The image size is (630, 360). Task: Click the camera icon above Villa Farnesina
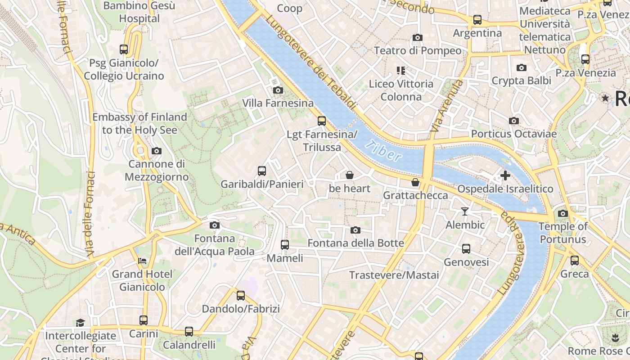coord(278,90)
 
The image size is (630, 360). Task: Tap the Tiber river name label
coord(383,151)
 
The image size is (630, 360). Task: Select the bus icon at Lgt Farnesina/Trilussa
coord(321,121)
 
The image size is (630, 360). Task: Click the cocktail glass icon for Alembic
coord(465,211)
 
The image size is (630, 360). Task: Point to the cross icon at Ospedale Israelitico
coord(505,175)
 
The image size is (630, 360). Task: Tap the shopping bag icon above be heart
coord(349,175)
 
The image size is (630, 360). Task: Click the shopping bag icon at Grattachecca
coord(415,182)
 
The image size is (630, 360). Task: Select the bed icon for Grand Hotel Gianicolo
coord(142,261)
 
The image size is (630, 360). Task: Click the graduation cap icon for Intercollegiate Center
coord(80,322)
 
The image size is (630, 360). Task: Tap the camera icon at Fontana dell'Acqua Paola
coord(214,225)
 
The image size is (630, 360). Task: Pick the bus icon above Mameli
coord(284,244)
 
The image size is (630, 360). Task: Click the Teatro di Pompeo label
coord(418,50)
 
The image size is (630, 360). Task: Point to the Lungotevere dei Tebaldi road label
coord(310,63)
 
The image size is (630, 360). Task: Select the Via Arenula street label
coord(446,106)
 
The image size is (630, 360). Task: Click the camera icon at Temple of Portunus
coord(562,213)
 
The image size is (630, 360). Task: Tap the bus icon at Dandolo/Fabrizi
coord(241,295)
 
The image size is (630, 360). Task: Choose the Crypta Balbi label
coord(521,81)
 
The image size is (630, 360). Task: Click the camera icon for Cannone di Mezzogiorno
coord(156,151)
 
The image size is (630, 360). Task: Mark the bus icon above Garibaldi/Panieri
coord(262,171)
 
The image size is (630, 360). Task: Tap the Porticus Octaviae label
coord(513,134)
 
